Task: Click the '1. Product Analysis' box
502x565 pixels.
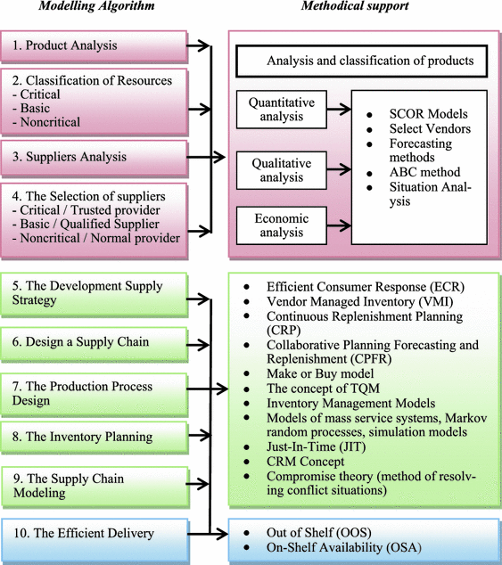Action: coord(93,45)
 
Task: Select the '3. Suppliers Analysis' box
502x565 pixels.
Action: coord(93,158)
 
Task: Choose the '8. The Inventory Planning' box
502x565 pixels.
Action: coord(93,438)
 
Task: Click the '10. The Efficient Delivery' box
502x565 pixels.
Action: coord(93,534)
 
